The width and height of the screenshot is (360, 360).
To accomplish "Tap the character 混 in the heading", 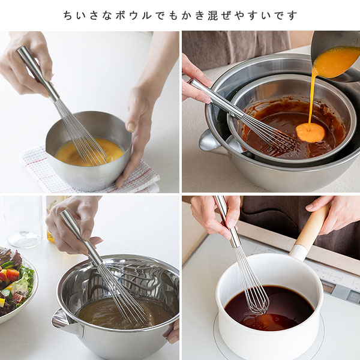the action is tap(212, 16).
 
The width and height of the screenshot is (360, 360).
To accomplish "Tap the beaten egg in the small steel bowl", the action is tap(89, 152).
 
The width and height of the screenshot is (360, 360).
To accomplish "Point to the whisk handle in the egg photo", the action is tap(38, 73).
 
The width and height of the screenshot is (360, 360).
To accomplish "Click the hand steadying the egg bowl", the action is tap(140, 124).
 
